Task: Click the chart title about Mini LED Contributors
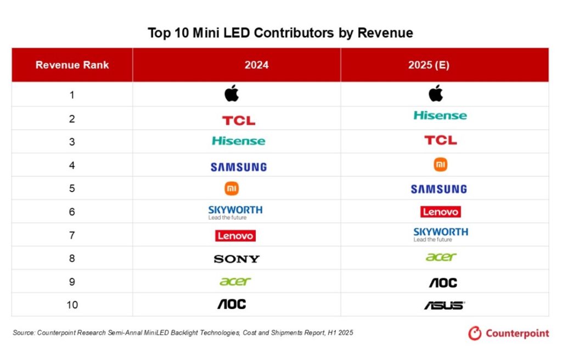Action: pos(280,33)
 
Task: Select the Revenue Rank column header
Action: pos(72,65)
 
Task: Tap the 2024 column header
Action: pos(256,65)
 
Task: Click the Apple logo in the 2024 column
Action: pos(232,94)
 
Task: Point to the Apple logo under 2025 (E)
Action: pos(436,94)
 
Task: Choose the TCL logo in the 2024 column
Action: pos(238,120)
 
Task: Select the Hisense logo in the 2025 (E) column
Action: pos(440,115)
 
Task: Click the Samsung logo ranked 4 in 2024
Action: pos(238,167)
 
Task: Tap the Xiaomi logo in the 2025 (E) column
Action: pos(440,164)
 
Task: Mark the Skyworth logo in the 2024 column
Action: pos(235,212)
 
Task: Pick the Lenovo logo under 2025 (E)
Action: pos(441,212)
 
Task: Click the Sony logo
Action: pos(237,259)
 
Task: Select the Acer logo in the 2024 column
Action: pos(235,282)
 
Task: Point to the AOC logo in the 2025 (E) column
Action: pos(442,283)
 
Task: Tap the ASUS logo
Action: pos(444,305)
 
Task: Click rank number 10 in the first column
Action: pos(72,305)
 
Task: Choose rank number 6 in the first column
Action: pos(72,212)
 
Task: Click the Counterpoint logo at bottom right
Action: pos(508,333)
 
